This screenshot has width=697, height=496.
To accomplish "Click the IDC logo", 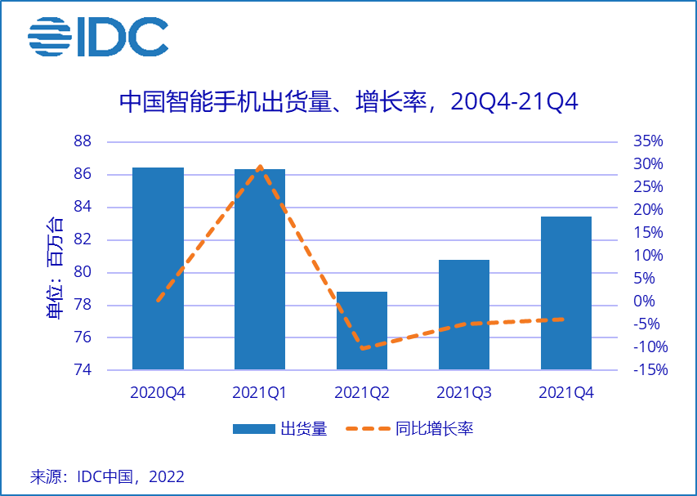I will click(98, 37).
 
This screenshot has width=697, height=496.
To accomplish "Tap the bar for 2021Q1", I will click(260, 269).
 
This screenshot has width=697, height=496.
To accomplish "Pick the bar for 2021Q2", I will click(362, 330).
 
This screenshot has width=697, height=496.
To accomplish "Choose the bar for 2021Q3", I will click(464, 315).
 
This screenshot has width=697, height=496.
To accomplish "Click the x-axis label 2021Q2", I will click(362, 393).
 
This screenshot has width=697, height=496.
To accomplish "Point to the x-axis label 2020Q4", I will click(158, 393).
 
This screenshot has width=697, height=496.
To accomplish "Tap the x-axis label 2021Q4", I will click(566, 393).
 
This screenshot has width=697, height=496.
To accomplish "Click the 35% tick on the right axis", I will click(648, 141).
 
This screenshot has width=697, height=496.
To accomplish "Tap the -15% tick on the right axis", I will click(650, 370).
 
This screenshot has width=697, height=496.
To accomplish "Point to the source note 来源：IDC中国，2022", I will click(107, 476).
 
